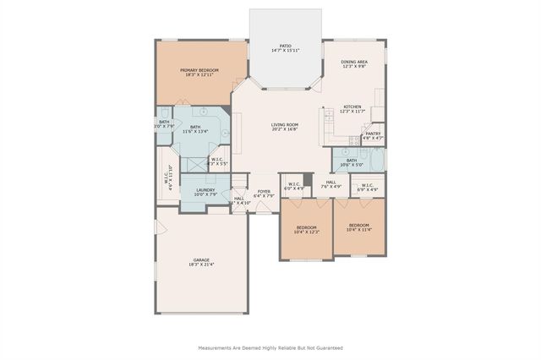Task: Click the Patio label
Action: click(285, 46)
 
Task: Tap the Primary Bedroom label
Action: click(199, 69)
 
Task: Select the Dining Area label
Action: click(353, 62)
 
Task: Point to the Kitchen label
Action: click(351, 106)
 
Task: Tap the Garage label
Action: click(201, 259)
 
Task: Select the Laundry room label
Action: click(205, 190)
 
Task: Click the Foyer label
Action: click(265, 191)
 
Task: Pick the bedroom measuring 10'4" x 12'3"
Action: click(306, 232)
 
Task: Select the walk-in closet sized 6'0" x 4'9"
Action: click(293, 188)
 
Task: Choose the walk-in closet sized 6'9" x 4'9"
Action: click(368, 188)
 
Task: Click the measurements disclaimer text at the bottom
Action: click(270, 347)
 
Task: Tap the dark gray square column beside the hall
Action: click(308, 178)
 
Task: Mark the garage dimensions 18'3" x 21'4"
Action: click(201, 265)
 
